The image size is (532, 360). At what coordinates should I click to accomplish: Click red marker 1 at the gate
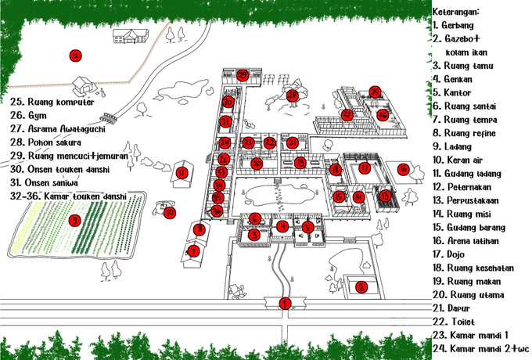pos(285,303)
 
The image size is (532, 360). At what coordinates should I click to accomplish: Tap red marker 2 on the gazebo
pos(361,287)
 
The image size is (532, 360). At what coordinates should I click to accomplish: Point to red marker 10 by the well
pos(170,212)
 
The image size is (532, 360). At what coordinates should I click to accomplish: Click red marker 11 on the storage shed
pos(182,173)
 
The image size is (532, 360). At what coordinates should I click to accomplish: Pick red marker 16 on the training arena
pos(403,168)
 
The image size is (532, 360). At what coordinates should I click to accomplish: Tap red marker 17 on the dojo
pos(365,167)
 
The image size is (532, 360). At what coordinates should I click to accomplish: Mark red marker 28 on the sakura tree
pos(293,95)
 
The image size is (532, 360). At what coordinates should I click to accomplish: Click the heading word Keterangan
pos(455,12)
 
